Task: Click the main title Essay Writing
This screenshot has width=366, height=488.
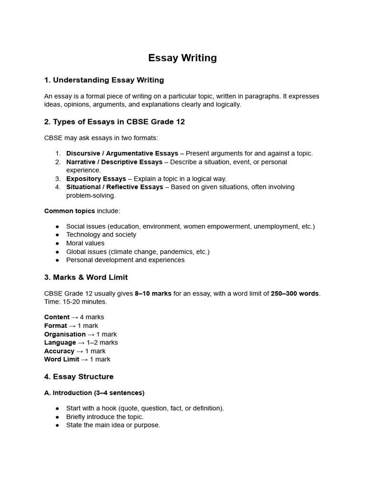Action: (183, 58)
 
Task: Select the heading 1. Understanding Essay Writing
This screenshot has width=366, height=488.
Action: (104, 80)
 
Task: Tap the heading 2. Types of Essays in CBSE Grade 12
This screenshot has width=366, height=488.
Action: (114, 122)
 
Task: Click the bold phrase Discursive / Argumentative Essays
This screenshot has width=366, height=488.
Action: (122, 153)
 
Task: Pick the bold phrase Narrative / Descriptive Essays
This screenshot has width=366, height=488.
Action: (114, 162)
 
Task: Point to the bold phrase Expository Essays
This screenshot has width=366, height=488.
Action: (96, 179)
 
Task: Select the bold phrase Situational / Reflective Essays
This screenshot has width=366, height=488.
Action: (115, 187)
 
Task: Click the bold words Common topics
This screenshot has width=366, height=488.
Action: (70, 211)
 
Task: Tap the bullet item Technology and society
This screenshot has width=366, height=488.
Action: (101, 234)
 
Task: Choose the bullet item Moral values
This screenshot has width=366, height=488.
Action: (85, 243)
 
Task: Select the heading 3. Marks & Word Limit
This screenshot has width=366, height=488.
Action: (86, 277)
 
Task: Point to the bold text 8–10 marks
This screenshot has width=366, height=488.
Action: (153, 294)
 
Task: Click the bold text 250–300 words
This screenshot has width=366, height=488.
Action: (295, 294)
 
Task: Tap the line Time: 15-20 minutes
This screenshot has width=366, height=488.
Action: (76, 302)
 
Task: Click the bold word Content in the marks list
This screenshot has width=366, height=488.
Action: (57, 317)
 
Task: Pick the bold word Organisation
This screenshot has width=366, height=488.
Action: (65, 334)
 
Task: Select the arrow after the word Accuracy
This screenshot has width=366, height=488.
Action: (80, 351)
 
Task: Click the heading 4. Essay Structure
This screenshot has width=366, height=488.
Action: (79, 377)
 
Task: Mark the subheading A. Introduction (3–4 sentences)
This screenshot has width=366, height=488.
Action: (94, 393)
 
